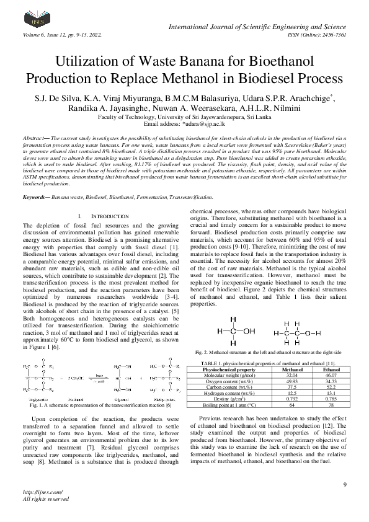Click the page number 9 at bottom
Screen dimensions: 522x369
coord(344,484)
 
